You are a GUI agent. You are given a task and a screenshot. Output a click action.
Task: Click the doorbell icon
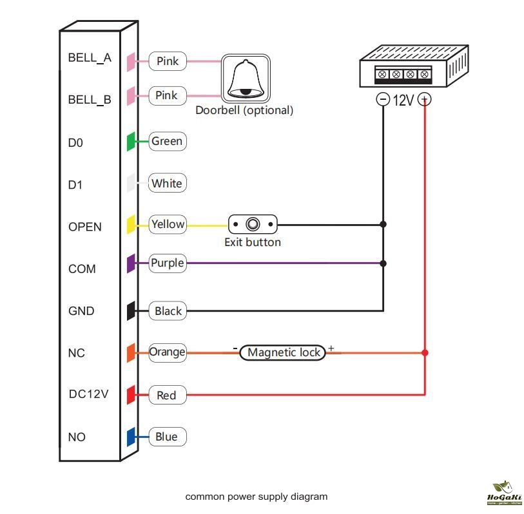pos(246,78)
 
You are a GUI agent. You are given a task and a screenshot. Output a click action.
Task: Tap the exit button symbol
pos(253,225)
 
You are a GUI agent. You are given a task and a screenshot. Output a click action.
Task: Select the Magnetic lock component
pos(284,352)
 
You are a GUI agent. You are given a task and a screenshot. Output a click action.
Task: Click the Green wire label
pos(167,141)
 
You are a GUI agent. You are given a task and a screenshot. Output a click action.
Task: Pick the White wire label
pos(167,184)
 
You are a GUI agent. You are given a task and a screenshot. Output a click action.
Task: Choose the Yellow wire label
pos(168,225)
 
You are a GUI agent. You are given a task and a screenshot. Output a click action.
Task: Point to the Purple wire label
pos(167,263)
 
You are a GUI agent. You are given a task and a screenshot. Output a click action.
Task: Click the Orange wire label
pos(168,352)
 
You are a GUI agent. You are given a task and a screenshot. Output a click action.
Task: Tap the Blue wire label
pos(166,437)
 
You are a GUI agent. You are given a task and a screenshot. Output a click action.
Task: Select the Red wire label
pos(166,395)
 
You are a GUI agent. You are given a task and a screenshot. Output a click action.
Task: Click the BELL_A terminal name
pos(90,58)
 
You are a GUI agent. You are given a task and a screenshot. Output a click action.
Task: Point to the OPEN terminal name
pos(85,227)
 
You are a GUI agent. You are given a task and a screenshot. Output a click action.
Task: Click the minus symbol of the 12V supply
pos(383,99)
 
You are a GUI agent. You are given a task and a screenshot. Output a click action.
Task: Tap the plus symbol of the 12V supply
pos(424,99)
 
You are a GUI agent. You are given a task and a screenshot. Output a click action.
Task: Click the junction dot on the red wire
pos(424,352)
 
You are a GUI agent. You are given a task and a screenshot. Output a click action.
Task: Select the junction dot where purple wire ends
pos(383,263)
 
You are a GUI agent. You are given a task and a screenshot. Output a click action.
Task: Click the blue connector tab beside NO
pos(131,437)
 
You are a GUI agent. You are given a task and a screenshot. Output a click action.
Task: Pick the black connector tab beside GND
pos(131,310)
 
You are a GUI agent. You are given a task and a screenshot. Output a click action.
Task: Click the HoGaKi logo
pos(503,494)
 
